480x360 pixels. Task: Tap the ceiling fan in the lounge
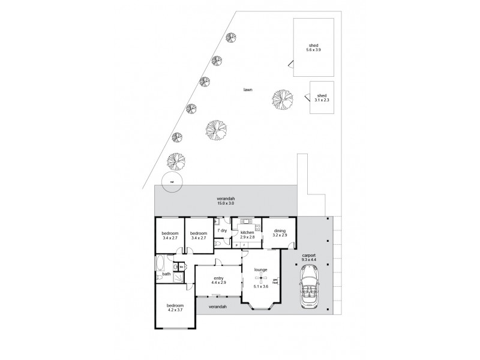click(x=260, y=278)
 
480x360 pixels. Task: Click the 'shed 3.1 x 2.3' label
click(x=322, y=98)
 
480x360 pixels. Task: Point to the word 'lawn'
click(x=247, y=89)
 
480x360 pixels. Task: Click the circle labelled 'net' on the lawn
click(x=172, y=181)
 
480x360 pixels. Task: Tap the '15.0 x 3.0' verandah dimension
click(x=225, y=204)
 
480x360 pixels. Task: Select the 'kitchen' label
click(x=247, y=232)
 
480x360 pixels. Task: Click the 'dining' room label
click(x=280, y=230)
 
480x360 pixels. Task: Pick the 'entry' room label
click(x=218, y=278)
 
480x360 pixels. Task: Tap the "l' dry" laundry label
click(x=221, y=230)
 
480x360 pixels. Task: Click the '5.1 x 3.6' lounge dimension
click(x=260, y=286)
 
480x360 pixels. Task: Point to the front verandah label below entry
click(x=218, y=307)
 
